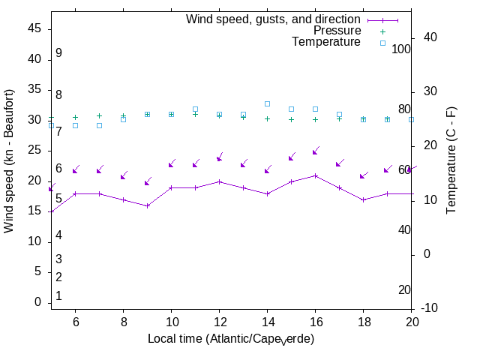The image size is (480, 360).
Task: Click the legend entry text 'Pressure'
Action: (x=337, y=31)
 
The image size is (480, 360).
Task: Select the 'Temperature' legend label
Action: (x=326, y=42)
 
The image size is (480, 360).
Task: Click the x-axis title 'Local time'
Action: (x=230, y=339)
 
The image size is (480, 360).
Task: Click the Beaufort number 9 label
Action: (x=58, y=53)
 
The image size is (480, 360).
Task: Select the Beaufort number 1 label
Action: (x=58, y=296)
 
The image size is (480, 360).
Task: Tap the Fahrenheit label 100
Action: (x=401, y=49)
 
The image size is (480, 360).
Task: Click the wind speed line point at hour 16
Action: (x=315, y=175)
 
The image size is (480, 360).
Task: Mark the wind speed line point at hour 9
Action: (x=147, y=205)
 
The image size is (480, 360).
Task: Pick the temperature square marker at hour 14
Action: (x=267, y=103)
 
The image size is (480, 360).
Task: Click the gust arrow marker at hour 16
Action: (x=315, y=151)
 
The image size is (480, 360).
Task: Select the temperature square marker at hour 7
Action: (x=99, y=125)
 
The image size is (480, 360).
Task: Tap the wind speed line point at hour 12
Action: (x=219, y=181)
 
